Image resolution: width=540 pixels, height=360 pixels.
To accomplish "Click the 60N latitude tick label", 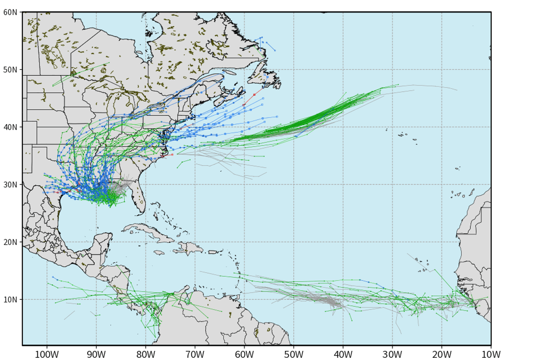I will pos(10,12).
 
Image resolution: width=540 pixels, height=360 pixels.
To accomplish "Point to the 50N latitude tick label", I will pos(10,70).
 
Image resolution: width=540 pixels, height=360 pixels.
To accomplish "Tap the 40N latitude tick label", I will pos(10,127).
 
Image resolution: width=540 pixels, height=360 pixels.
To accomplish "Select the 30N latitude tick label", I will pos(10,184).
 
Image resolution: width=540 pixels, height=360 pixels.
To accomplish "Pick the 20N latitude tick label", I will pos(10,242).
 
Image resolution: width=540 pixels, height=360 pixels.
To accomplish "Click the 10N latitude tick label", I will pos(10,300).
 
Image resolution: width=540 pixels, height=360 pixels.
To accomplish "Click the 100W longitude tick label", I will pos(47,354).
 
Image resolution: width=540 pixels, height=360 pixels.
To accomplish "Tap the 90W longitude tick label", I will pos(96,354).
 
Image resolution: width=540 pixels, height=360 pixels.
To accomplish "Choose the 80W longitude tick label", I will pos(146,354).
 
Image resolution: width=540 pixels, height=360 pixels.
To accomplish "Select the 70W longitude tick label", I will pos(195,354).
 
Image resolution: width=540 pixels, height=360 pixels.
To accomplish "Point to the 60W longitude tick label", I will pos(244,354).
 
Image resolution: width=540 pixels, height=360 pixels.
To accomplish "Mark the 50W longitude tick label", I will pos(293,354).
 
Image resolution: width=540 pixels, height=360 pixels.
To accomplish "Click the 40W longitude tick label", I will pos(343,354).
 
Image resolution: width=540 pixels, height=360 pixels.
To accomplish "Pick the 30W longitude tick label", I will pos(392,354).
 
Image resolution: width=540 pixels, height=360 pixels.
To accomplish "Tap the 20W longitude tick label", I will pos(441,354).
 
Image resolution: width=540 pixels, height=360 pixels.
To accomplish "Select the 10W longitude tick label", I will pos(491,354).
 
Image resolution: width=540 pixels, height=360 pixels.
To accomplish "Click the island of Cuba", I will pos(148,230).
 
